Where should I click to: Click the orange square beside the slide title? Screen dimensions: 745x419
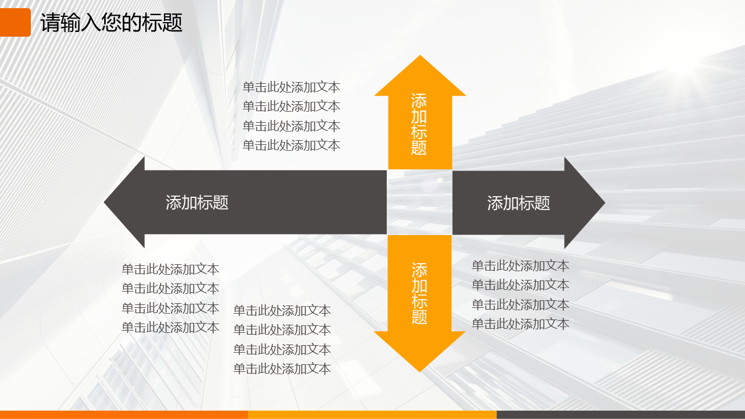[15, 22]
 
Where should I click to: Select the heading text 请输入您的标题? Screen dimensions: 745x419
[112, 23]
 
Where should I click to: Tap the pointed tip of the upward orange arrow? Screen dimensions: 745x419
[420, 56]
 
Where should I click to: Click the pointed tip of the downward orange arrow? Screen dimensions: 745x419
[420, 372]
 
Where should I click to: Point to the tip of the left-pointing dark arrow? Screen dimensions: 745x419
[104, 202]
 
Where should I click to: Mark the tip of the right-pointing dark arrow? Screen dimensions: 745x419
[605, 203]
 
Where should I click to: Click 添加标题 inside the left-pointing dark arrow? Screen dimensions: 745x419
[197, 203]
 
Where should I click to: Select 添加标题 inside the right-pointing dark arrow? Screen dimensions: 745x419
[519, 203]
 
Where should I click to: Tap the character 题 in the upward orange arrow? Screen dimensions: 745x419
[419, 148]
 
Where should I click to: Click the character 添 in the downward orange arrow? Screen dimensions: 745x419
[419, 270]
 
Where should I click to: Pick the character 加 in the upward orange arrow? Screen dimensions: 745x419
[419, 116]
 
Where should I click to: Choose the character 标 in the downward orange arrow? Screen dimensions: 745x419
[419, 301]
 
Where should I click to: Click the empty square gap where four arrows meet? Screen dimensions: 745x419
[420, 203]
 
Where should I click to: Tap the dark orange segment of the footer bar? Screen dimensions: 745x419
[124, 415]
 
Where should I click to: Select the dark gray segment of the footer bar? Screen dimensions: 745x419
[621, 415]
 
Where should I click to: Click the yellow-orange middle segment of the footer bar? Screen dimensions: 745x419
[372, 415]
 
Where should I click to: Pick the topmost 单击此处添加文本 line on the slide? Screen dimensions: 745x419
[291, 87]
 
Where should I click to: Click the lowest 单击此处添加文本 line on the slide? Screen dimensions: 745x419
[282, 369]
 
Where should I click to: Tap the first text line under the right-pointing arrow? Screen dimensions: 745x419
[521, 265]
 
